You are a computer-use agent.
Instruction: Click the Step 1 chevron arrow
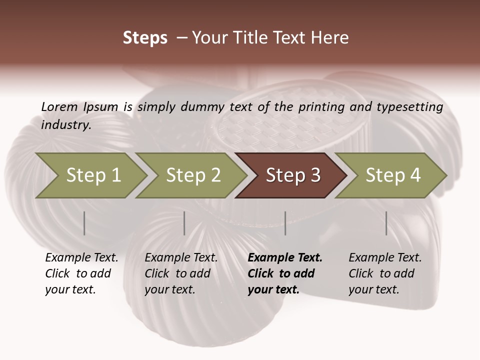[93, 175]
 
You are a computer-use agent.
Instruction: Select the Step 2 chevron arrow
[193, 175]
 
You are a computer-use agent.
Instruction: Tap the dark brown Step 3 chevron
[293, 175]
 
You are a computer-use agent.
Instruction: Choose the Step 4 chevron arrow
[393, 175]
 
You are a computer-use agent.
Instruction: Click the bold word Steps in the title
[145, 38]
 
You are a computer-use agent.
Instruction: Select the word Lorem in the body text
[59, 106]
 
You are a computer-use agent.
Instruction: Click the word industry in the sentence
[65, 124]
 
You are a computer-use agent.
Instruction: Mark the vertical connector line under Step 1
[84, 223]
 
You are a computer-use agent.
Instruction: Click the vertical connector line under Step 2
[184, 223]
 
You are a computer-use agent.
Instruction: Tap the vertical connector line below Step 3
[285, 223]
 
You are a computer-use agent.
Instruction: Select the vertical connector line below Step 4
[386, 223]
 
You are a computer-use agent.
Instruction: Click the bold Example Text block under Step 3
[284, 273]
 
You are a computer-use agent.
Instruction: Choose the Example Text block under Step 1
[81, 273]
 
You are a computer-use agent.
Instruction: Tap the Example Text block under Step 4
[385, 273]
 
